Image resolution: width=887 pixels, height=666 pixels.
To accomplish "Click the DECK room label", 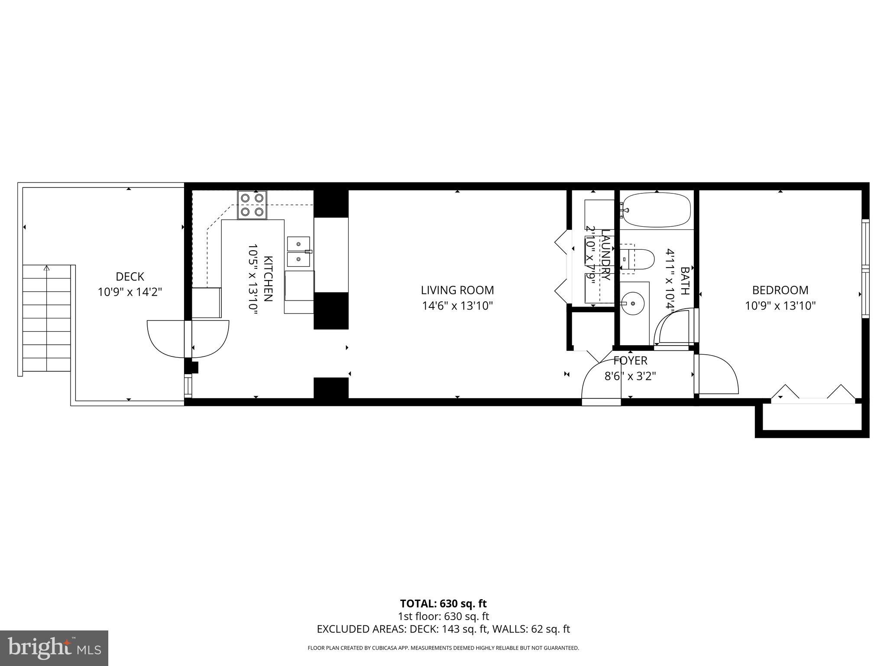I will (130, 277).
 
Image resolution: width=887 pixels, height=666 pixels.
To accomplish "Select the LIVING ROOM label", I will (457, 290).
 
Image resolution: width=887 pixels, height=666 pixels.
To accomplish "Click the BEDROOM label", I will (780, 290).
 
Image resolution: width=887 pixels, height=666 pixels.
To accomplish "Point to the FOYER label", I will (630, 360).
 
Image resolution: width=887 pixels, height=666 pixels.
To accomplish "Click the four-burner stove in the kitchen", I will (252, 205).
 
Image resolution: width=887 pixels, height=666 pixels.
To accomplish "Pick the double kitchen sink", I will (299, 251).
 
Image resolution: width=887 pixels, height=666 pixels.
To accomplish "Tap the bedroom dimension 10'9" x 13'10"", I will (780, 306).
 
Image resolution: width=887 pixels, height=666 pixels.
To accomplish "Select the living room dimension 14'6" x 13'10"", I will (457, 306).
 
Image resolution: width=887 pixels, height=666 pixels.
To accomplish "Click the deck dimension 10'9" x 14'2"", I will (130, 292).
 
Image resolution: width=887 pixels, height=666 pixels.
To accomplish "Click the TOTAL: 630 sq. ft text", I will (443, 604).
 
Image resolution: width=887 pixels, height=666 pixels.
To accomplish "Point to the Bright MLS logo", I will (54, 648).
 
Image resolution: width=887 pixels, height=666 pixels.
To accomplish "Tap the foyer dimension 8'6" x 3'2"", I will (630, 376).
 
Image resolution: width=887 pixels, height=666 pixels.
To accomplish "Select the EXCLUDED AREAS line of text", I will (443, 629).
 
